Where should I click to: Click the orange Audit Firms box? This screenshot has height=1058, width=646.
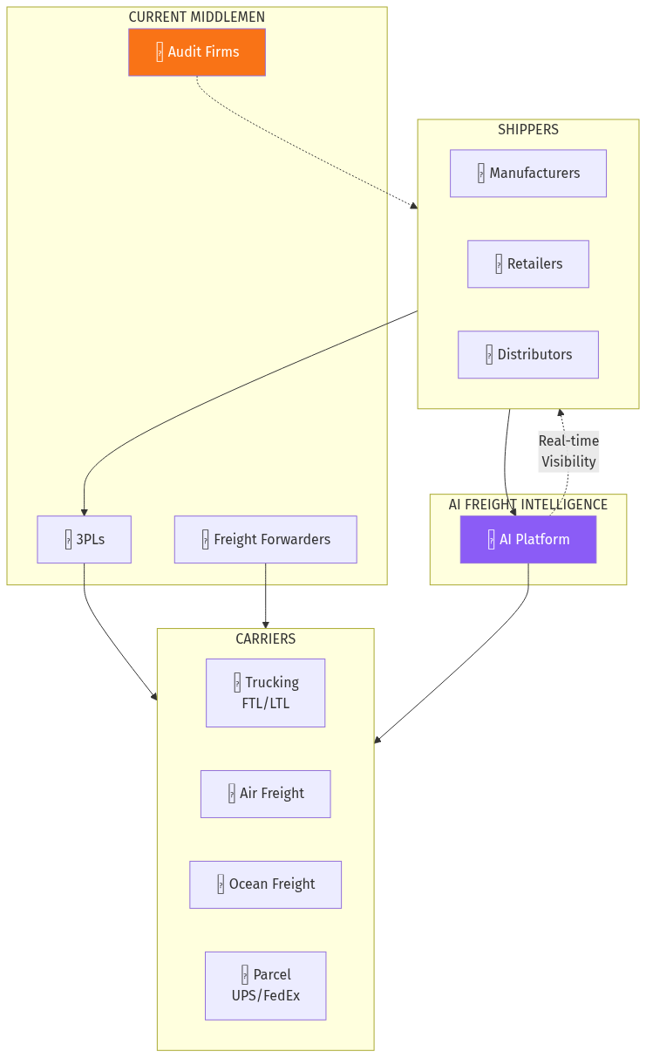pyautogui.click(x=197, y=52)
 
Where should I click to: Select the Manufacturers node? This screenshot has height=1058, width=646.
pyautogui.click(x=528, y=174)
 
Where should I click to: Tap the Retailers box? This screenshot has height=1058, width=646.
pyautogui.click(x=528, y=264)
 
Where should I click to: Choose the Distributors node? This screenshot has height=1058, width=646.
pyautogui.click(x=528, y=355)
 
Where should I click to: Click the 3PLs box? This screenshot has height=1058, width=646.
pyautogui.click(x=85, y=540)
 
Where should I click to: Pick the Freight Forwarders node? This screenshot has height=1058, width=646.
pyautogui.click(x=266, y=540)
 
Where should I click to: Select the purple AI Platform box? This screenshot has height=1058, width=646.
pyautogui.click(x=528, y=540)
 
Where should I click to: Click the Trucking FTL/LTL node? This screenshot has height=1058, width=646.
pyautogui.click(x=266, y=693)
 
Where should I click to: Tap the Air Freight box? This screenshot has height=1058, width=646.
pyautogui.click(x=266, y=794)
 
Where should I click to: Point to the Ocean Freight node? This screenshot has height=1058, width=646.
pyautogui.click(x=266, y=884)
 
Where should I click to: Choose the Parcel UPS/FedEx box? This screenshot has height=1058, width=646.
pyautogui.click(x=266, y=986)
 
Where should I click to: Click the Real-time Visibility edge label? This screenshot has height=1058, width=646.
pyautogui.click(x=568, y=452)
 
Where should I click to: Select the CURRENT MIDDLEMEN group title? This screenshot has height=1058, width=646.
pyautogui.click(x=197, y=17)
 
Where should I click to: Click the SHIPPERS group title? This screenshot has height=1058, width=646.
pyautogui.click(x=528, y=130)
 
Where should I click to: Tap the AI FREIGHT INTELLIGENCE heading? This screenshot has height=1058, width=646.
pyautogui.click(x=528, y=505)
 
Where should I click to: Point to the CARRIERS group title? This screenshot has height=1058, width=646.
pyautogui.click(x=266, y=639)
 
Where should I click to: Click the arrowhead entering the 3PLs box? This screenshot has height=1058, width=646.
pyautogui.click(x=85, y=511)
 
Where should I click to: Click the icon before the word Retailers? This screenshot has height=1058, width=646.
pyautogui.click(x=499, y=264)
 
